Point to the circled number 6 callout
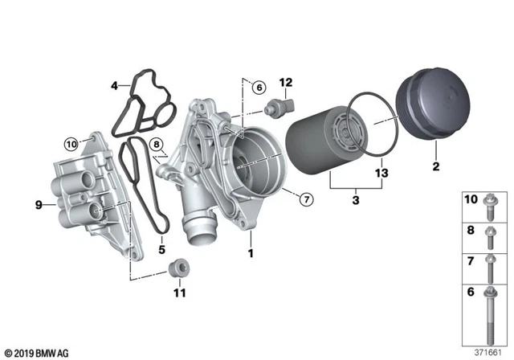coord(257,88)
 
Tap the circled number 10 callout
coord(70,145)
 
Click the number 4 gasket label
coord(115,84)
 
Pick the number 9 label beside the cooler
coord(38,205)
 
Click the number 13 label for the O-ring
coord(381,174)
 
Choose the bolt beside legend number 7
coord(491,266)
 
